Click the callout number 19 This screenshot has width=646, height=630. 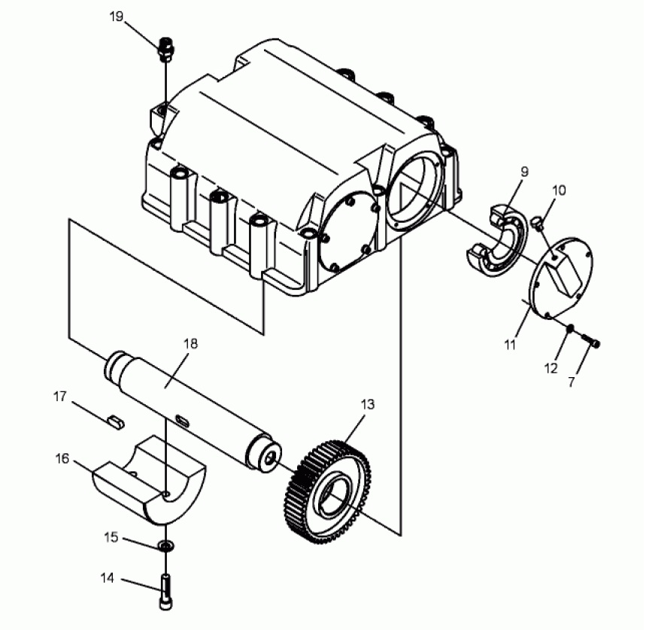click(117, 17)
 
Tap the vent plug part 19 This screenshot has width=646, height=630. click(165, 49)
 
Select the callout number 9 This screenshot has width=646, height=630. click(524, 172)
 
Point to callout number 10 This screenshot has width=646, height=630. click(559, 190)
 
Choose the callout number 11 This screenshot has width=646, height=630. click(510, 345)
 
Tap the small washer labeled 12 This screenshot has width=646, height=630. click(570, 328)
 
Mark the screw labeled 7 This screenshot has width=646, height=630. click(591, 340)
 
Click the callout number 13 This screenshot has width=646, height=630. click(368, 404)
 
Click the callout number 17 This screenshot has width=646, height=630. click(59, 397)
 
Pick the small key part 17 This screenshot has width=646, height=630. click(114, 422)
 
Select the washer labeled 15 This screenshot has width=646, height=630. click(166, 546)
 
